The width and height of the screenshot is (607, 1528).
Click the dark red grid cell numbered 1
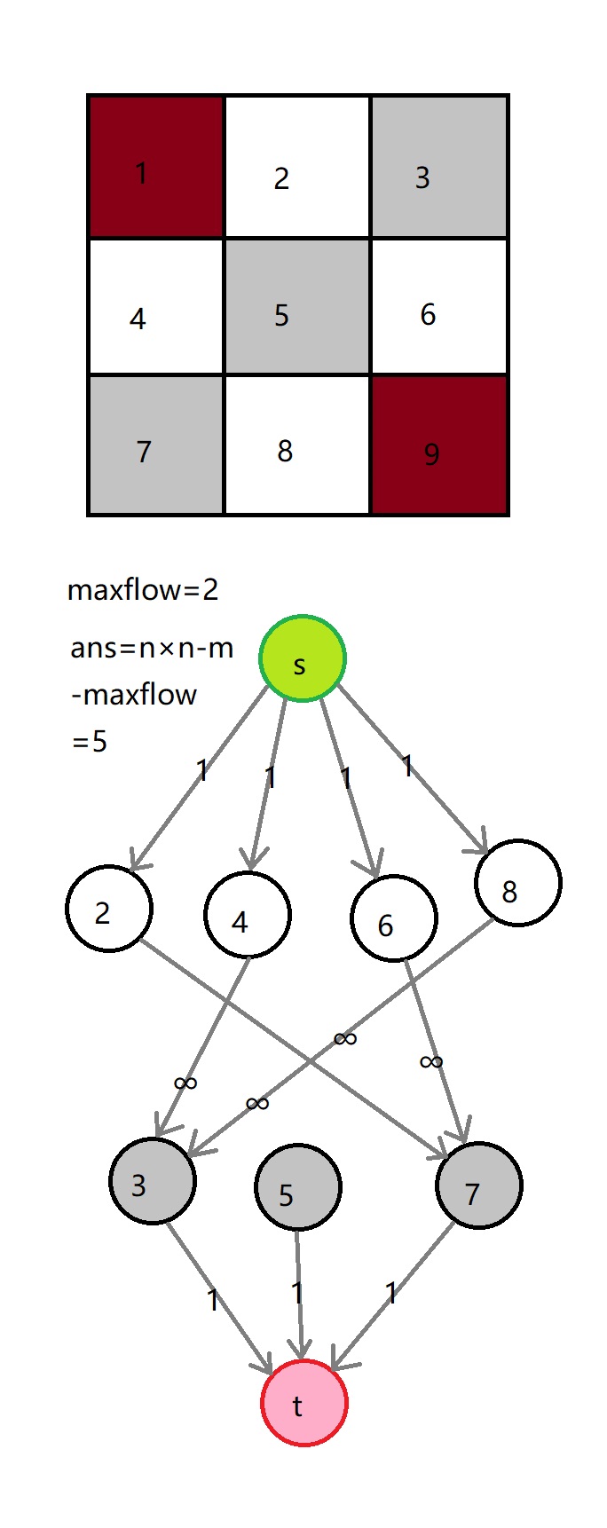[156, 166]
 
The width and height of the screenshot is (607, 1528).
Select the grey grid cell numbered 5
[296, 306]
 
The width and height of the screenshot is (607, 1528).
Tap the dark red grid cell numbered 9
[439, 445]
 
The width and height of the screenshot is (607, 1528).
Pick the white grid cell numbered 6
[439, 306]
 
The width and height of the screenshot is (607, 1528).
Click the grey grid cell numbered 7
[156, 445]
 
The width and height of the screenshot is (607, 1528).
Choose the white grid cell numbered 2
[296, 166]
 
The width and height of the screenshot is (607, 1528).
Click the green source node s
[302, 658]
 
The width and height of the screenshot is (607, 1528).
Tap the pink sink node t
[303, 1403]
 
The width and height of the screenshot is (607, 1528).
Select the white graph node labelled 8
[518, 883]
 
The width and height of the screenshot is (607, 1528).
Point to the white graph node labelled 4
[248, 915]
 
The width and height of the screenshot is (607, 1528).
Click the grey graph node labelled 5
[297, 1187]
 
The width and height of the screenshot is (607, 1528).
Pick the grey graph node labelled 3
[153, 1181]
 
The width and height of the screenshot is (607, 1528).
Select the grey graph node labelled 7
[479, 1185]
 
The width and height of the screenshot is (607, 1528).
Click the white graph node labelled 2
[109, 909]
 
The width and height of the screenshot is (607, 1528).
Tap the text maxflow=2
[143, 590]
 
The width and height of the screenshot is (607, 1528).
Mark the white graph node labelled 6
[394, 918]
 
